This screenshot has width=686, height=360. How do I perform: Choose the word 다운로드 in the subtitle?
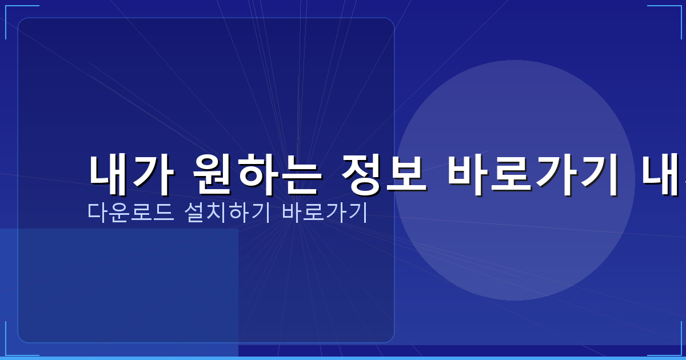pos(130,212)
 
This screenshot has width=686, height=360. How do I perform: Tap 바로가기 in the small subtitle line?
pos(325,212)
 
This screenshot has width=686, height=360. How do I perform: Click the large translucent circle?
pos(514,114)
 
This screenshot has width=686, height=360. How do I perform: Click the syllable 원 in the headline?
pos(212,175)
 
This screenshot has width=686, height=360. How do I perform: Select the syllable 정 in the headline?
pos(362,175)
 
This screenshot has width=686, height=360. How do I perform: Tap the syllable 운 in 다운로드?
pos(119,212)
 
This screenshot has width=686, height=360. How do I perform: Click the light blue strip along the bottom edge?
pos(343,358)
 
